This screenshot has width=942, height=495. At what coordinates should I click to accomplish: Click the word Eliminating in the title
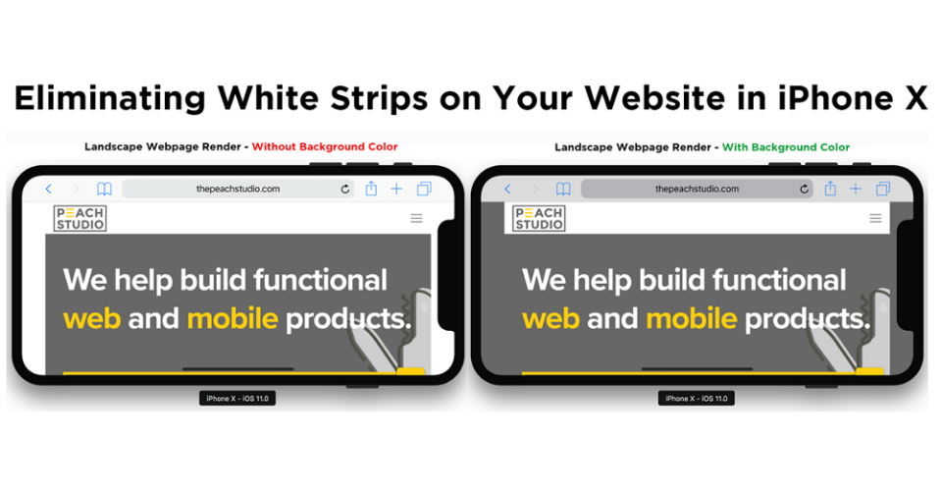[x=110, y=98]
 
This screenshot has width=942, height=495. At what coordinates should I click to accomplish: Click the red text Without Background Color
[x=325, y=146]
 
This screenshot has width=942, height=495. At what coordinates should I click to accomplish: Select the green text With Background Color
[x=786, y=147]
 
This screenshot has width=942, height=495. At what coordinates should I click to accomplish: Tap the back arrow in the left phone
[x=49, y=189]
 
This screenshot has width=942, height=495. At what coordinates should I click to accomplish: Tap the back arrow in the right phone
[x=507, y=189]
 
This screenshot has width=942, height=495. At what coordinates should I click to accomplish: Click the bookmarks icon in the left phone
[x=105, y=190]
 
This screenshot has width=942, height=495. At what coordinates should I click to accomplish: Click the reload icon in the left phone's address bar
[x=344, y=189]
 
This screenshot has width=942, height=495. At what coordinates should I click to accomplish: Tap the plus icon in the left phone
[x=396, y=189]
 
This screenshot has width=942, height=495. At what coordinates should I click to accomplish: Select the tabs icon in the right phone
[x=883, y=189]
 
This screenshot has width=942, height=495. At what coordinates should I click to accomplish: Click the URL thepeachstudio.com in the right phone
[x=697, y=189]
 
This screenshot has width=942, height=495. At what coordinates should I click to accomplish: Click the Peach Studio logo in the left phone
[x=79, y=218]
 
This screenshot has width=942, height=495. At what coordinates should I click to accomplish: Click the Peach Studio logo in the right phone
[x=539, y=218]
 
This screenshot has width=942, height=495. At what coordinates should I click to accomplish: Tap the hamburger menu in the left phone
[x=416, y=218]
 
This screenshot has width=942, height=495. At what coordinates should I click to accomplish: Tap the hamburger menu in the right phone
[x=875, y=218]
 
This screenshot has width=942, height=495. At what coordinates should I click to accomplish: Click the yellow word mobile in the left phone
[x=233, y=319]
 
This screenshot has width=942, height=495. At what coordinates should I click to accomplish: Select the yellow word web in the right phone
[x=550, y=319]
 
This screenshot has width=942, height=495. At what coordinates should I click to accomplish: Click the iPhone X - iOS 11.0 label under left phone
[x=237, y=398]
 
